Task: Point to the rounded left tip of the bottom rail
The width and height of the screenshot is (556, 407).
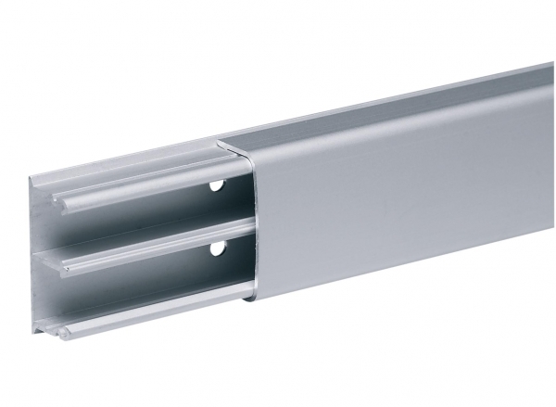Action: pos(62,332)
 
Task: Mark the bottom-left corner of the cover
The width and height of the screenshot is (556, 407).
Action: pos(248,301)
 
